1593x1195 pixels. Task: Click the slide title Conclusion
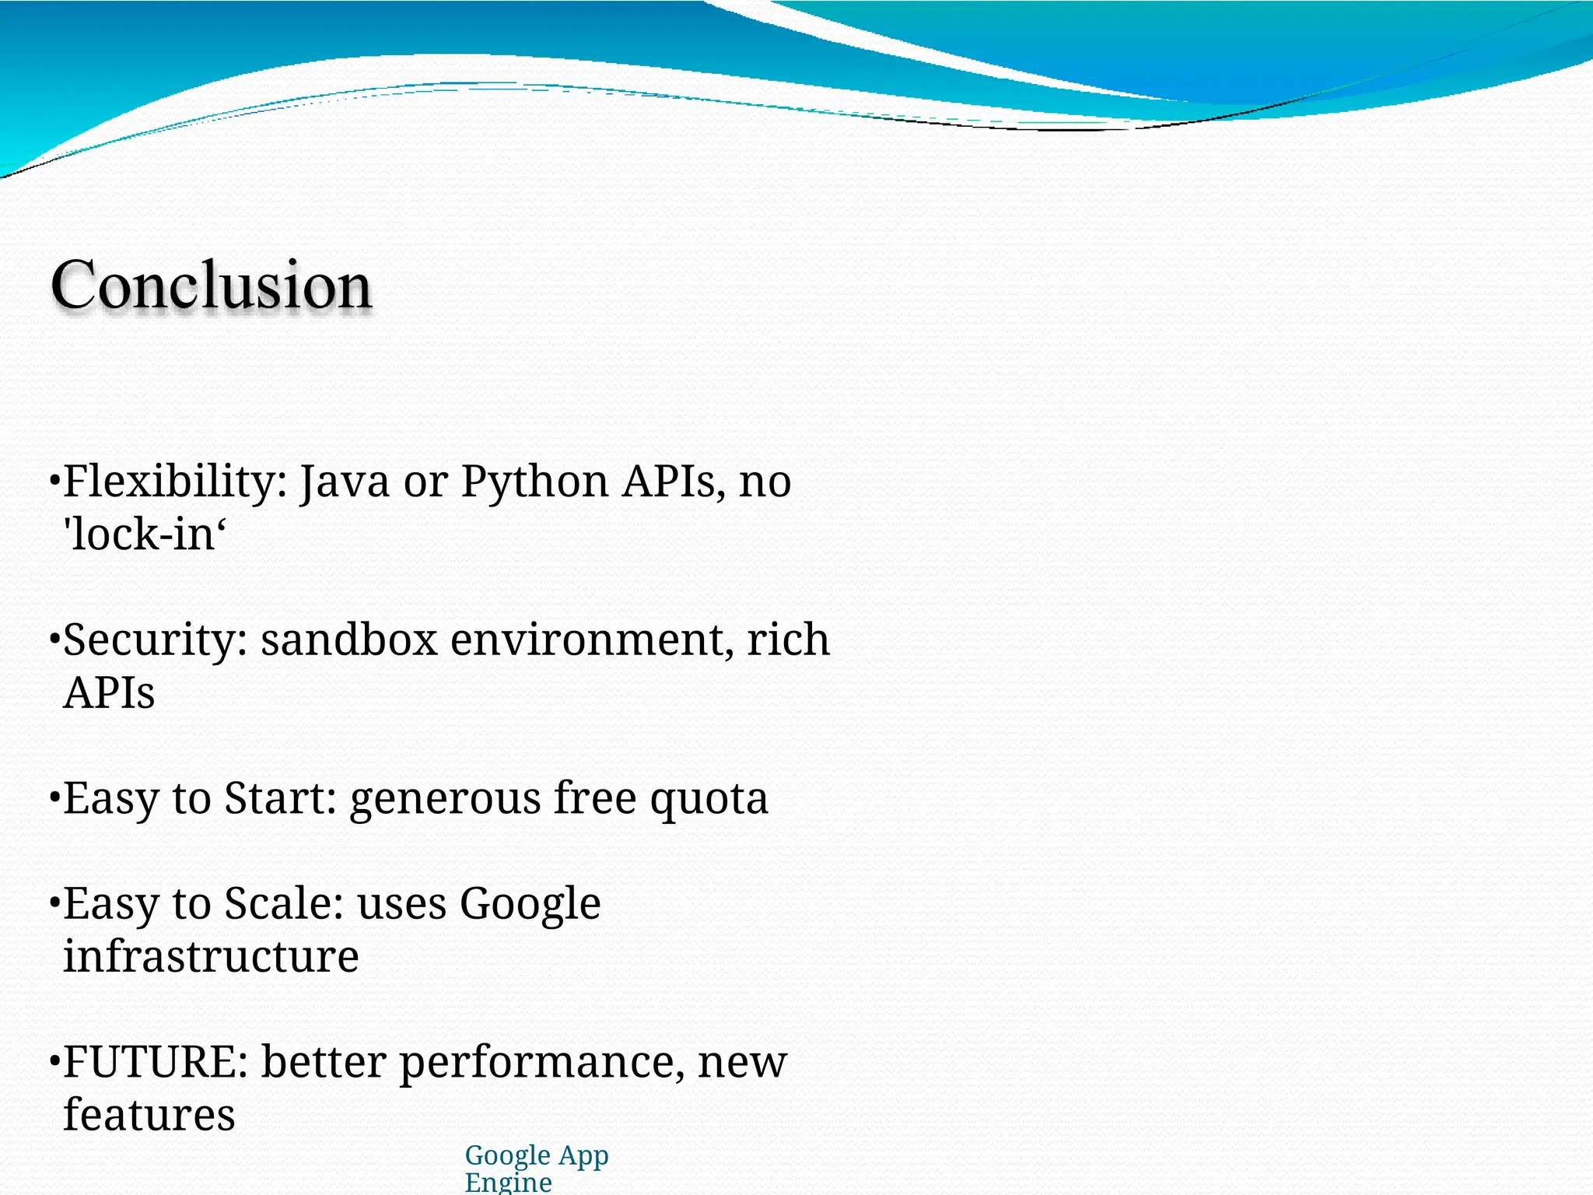[211, 285]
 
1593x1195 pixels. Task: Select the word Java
[345, 482]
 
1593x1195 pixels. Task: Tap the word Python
[534, 482]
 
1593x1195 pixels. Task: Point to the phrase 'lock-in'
[145, 534]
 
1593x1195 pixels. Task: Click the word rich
[788, 640]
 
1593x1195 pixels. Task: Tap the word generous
[445, 799]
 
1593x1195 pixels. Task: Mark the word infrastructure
[211, 956]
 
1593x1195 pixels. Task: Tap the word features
[149, 1115]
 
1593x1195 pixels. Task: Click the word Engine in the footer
[509, 1183]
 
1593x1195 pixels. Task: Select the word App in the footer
[583, 1157]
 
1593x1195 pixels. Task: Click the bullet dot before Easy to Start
[54, 798]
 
